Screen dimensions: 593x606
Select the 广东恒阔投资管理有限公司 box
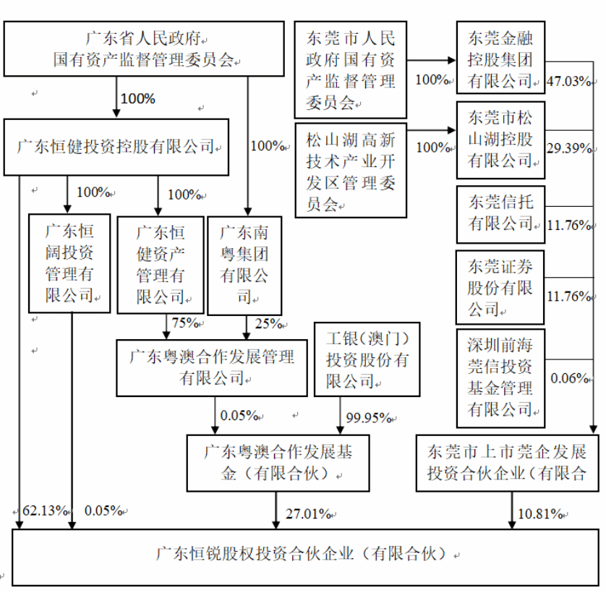[69, 263]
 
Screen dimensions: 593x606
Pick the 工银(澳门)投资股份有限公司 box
[367, 359]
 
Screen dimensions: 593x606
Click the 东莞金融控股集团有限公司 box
[500, 58]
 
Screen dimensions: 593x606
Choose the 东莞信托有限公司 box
[500, 213]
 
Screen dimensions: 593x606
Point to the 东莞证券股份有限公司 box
[500, 287]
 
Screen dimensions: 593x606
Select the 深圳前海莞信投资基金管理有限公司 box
[500, 377]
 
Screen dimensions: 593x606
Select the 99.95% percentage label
[367, 417]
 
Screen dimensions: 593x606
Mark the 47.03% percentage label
[569, 81]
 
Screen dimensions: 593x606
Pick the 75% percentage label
[185, 323]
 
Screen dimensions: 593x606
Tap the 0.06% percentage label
[569, 377]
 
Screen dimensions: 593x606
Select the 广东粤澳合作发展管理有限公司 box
[211, 367]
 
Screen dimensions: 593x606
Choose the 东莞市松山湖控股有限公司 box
[500, 140]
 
